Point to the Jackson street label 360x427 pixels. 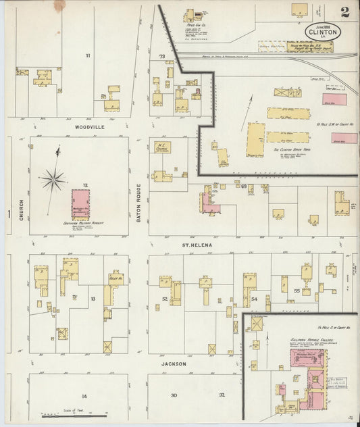pyautogui.click(x=174, y=363)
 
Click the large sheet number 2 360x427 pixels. pyautogui.click(x=345, y=11)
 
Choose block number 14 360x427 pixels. pyautogui.click(x=85, y=396)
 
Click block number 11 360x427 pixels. pyautogui.click(x=87, y=55)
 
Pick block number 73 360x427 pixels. pyautogui.click(x=161, y=56)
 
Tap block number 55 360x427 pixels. pyautogui.click(x=297, y=290)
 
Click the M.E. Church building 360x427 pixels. pyautogui.click(x=162, y=147)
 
